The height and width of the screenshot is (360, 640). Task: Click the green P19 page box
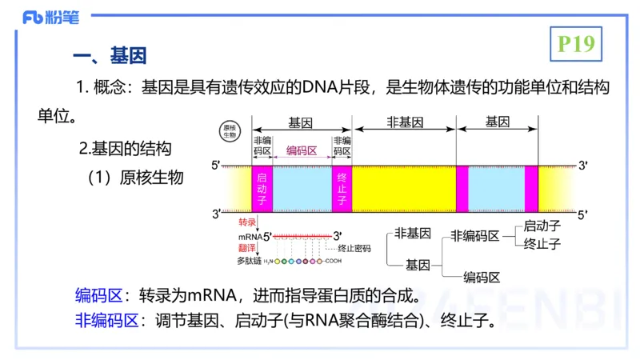click(x=576, y=44)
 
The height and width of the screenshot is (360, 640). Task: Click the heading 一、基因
click(x=109, y=57)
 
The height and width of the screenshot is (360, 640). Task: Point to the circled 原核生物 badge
click(x=230, y=131)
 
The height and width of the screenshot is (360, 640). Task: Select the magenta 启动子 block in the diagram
click(x=262, y=189)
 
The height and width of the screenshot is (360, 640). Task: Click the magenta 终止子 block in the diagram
click(x=342, y=189)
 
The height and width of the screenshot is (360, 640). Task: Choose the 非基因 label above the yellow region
click(x=404, y=122)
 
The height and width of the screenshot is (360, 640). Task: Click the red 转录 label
click(x=246, y=222)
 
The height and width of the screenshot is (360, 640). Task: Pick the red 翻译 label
click(x=246, y=248)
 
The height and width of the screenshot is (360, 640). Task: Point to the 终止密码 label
click(x=354, y=249)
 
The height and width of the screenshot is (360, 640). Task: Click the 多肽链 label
click(x=249, y=261)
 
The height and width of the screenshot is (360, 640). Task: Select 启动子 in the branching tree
click(x=542, y=226)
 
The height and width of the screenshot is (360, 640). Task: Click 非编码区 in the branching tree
click(x=475, y=235)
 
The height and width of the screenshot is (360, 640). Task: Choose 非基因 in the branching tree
click(x=413, y=234)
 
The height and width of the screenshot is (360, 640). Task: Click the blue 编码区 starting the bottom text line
click(x=97, y=294)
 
